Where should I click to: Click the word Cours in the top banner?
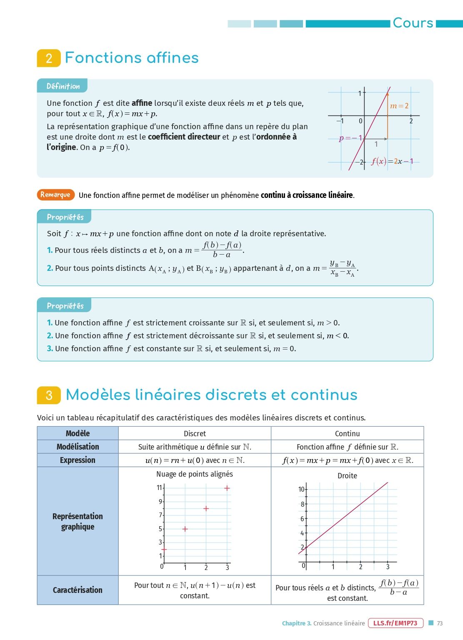tap(413, 23)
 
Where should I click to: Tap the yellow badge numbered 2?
tap(49, 58)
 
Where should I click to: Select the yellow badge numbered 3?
tap(49, 395)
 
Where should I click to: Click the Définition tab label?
tap(63, 86)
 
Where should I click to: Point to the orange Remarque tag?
tap(55, 195)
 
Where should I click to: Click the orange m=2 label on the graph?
tap(399, 106)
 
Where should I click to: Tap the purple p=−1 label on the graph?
tap(350, 138)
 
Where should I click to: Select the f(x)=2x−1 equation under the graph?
tap(392, 161)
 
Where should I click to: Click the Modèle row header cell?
tap(78, 433)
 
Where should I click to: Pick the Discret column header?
tap(195, 433)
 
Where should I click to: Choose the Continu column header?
tap(347, 433)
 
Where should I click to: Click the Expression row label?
tap(78, 460)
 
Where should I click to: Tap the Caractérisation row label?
tap(78, 590)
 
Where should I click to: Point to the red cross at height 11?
tap(227, 488)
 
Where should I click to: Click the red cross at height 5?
tap(185, 529)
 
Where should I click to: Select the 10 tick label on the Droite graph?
tap(301, 489)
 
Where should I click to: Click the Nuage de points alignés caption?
tap(195, 474)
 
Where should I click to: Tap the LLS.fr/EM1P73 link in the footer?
tap(395, 623)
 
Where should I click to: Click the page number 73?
tap(440, 623)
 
